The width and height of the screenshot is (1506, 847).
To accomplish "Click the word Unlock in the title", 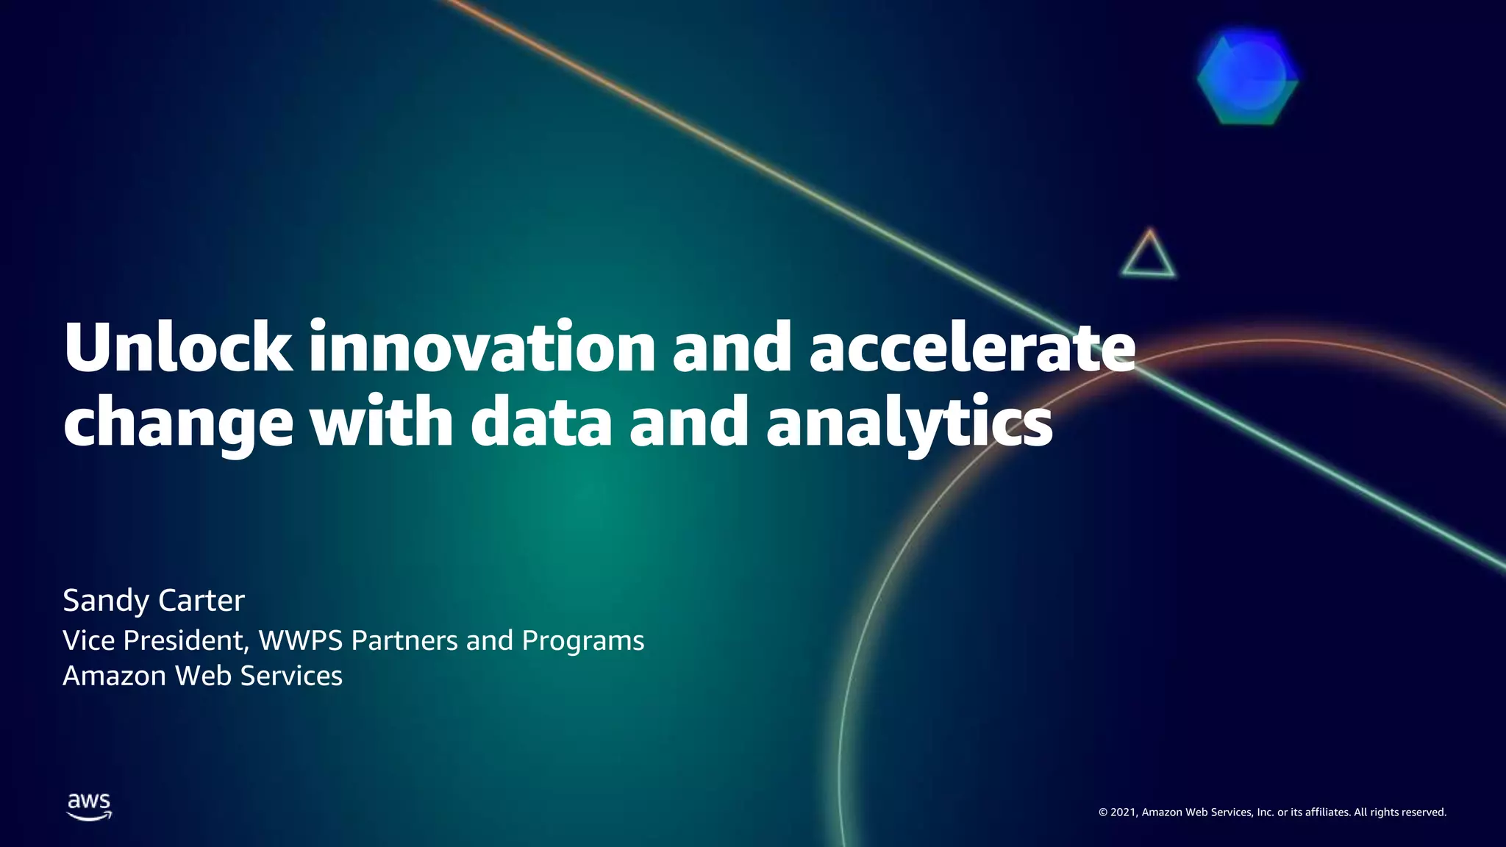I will pyautogui.click(x=177, y=347).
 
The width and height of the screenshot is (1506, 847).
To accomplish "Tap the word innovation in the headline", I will pyautogui.click(x=482, y=347).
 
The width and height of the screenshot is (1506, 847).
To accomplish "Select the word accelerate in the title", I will pyautogui.click(x=972, y=347).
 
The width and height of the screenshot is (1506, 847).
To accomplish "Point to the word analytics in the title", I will pyautogui.click(x=910, y=423).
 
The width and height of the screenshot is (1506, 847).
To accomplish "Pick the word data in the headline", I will pyautogui.click(x=541, y=423).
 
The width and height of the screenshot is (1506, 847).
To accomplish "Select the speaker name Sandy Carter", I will pyautogui.click(x=154, y=601).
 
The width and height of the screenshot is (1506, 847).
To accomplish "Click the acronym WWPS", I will pyautogui.click(x=301, y=640).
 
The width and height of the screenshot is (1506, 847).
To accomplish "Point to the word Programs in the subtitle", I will pyautogui.click(x=582, y=640).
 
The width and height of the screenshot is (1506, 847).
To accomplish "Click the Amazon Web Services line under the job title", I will pyautogui.click(x=202, y=676).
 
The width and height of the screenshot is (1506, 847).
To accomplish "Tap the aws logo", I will pyautogui.click(x=89, y=806).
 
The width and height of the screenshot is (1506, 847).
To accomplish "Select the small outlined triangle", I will pyautogui.click(x=1149, y=256).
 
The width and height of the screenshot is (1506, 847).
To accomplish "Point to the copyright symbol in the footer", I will pyautogui.click(x=1103, y=812).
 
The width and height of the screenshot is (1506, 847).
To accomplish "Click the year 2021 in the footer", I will pyautogui.click(x=1124, y=812).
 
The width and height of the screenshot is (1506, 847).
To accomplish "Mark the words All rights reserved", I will pyautogui.click(x=1400, y=812).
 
